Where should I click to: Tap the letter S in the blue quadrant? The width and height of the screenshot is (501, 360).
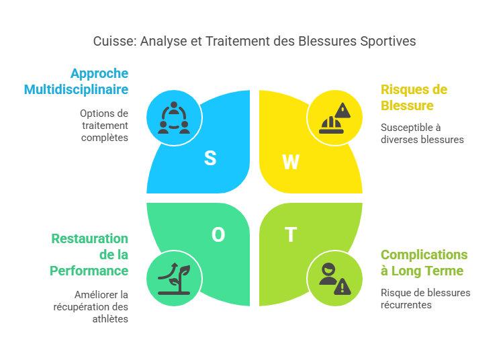(210, 159)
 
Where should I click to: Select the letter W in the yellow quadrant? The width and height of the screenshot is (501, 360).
(290, 162)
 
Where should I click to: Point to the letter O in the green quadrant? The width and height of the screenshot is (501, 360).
(218, 234)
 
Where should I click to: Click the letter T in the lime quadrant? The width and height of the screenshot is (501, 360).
(290, 234)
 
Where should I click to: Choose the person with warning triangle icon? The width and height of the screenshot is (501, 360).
(334, 279)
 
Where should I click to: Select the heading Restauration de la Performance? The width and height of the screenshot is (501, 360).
(90, 255)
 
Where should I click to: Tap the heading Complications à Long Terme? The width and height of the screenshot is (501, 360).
(424, 263)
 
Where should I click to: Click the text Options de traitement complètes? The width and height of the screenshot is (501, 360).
(104, 126)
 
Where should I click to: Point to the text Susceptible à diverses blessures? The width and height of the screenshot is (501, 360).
(422, 134)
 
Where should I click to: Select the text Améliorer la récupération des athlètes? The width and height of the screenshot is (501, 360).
(101, 307)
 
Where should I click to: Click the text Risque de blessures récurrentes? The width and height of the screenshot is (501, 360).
(425, 299)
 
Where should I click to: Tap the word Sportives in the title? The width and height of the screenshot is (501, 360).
(389, 42)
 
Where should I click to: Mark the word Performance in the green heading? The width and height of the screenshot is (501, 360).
(89, 271)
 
